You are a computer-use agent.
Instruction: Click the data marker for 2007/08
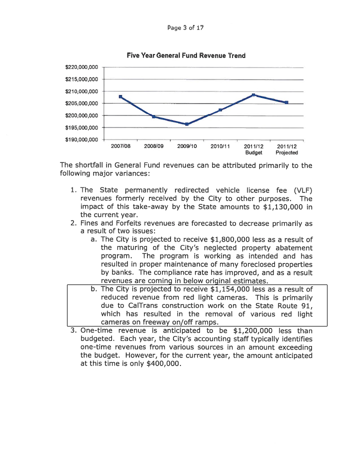coord(120,96)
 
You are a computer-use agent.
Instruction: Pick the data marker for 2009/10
coord(186,124)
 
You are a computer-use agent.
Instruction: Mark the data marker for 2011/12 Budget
coord(253,94)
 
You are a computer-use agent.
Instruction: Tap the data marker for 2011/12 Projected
coord(286,102)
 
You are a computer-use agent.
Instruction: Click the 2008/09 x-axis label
coord(154,146)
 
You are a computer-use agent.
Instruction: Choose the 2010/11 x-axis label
coord(220,146)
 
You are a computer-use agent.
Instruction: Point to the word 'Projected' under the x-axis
coord(286,152)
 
